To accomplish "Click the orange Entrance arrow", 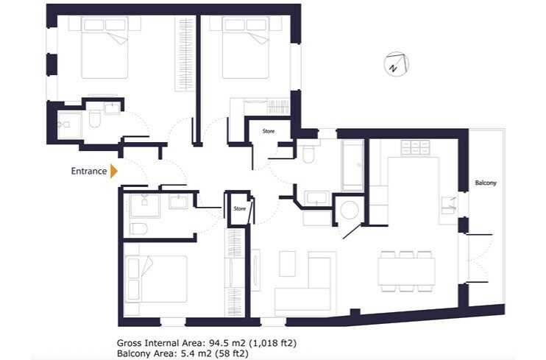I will point(113,171).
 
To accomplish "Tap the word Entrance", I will point(88,171).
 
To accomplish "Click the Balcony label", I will point(485,183).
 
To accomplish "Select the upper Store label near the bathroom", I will point(268,132).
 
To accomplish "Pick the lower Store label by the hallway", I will point(239,208).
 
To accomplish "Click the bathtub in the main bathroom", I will point(352,165).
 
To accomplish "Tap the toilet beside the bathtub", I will point(308,155).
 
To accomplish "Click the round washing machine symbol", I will point(347,209).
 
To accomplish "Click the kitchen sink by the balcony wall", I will point(448,205).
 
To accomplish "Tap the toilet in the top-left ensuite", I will point(95,119).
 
